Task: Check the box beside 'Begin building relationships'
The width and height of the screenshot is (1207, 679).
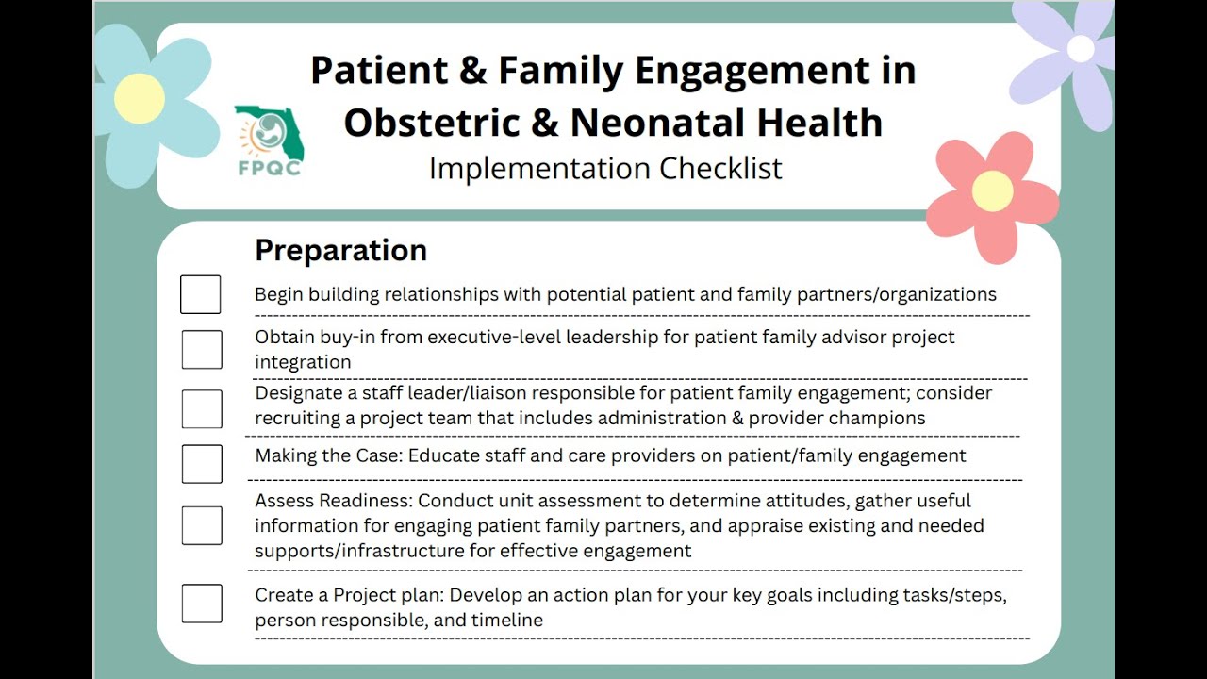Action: tap(201, 294)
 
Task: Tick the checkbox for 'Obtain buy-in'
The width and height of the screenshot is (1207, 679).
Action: tap(202, 349)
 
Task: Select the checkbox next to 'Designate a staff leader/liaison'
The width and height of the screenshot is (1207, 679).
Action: tap(202, 408)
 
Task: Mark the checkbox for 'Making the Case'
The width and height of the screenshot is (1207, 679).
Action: tap(202, 464)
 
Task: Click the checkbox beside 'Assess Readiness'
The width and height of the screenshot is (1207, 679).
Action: tap(202, 525)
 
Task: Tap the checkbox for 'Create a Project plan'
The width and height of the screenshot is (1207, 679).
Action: tap(202, 604)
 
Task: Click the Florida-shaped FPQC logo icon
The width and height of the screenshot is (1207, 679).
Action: tap(269, 132)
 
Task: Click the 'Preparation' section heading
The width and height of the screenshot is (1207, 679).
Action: tap(340, 251)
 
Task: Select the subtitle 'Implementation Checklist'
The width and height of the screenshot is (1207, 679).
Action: tap(605, 169)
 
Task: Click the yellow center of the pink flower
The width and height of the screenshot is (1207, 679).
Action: tap(992, 191)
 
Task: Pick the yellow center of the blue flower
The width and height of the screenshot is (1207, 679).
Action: tap(140, 98)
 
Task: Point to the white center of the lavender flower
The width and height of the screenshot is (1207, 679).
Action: tap(1081, 48)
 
